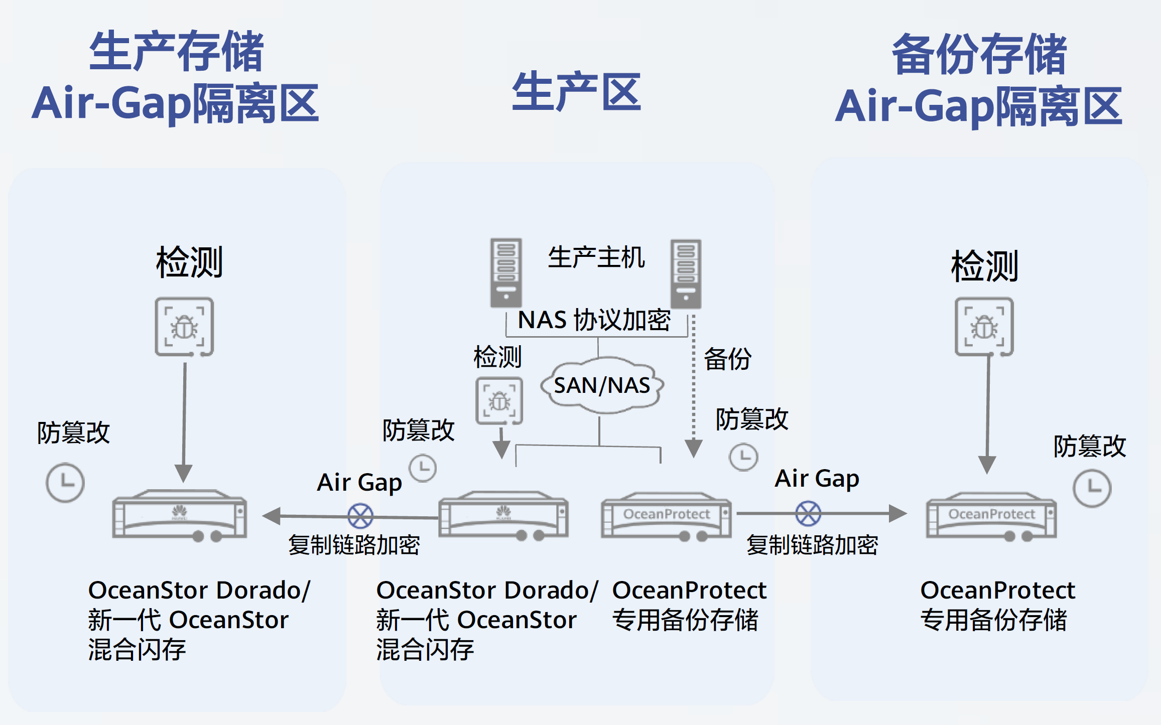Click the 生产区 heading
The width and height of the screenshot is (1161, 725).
(x=576, y=92)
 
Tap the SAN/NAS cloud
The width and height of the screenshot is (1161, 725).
(x=602, y=385)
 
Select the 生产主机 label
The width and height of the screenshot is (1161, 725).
(x=596, y=258)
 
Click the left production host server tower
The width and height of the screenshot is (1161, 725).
(x=506, y=272)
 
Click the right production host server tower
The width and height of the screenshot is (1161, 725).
(x=686, y=273)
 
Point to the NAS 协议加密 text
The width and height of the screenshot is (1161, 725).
(x=594, y=320)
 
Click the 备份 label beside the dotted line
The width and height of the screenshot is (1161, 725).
(x=727, y=359)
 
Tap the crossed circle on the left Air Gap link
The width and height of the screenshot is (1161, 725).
(x=360, y=516)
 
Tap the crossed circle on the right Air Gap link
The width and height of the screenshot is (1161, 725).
(x=808, y=513)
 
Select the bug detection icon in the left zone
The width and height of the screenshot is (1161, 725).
(x=184, y=327)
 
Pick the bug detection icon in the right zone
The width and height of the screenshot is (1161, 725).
(x=984, y=327)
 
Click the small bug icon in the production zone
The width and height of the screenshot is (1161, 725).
(x=499, y=401)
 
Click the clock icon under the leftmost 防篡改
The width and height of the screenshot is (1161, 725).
(x=65, y=483)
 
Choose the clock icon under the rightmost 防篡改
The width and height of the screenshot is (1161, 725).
(x=1092, y=488)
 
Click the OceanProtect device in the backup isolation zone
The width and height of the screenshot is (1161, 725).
(x=991, y=517)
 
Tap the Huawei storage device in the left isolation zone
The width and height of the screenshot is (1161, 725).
(x=180, y=515)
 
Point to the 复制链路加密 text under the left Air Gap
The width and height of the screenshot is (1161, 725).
(x=354, y=545)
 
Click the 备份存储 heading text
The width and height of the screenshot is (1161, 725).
(x=979, y=54)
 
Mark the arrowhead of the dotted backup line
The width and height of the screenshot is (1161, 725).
(x=693, y=448)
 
